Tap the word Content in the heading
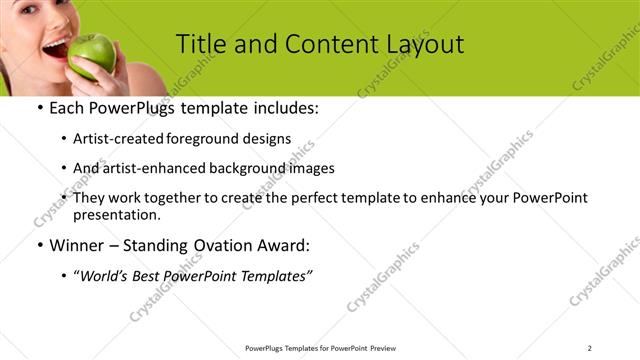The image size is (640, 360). pyautogui.click(x=320, y=44)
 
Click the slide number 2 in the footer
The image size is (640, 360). pyautogui.click(x=590, y=348)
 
